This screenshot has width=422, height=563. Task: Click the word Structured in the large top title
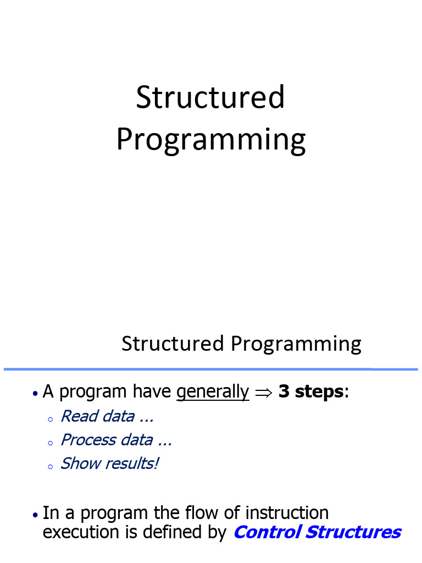tap(210, 98)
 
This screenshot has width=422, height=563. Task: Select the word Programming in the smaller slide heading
tap(296, 345)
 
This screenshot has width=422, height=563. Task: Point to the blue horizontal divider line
tap(210, 369)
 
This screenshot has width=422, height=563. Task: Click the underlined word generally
tap(213, 392)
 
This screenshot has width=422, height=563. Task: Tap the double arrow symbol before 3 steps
tap(264, 393)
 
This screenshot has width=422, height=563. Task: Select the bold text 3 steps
tap(312, 392)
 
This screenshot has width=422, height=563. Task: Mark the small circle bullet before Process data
tap(50, 443)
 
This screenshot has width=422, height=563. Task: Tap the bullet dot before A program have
tap(35, 394)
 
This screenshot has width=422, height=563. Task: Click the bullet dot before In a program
tap(35, 515)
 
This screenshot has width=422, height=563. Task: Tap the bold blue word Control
tap(266, 532)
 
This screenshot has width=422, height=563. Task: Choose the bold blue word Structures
tap(353, 532)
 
